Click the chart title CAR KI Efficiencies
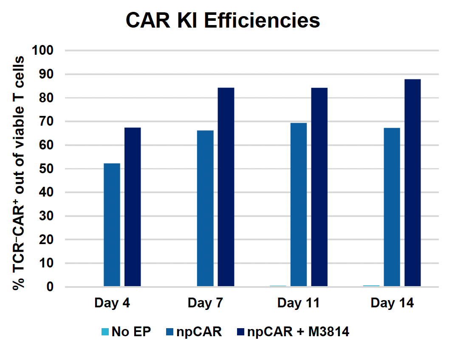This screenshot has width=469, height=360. coord(223,20)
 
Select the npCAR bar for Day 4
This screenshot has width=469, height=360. coord(112,225)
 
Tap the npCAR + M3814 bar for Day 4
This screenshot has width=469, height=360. coord(133,207)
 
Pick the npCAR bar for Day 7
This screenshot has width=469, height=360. coord(205,208)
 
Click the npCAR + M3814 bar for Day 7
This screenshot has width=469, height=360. coord(226,187)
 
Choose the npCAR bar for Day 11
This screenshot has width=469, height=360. coord(299,205)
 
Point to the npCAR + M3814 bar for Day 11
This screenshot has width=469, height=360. coord(319,187)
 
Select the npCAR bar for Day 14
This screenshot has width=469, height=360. coord(392,207)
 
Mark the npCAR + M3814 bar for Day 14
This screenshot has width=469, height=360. coord(412,183)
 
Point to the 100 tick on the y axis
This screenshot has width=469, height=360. coord(42,51)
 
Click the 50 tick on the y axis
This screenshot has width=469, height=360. coord(47,169)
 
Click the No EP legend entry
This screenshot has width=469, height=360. coord(126,332)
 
